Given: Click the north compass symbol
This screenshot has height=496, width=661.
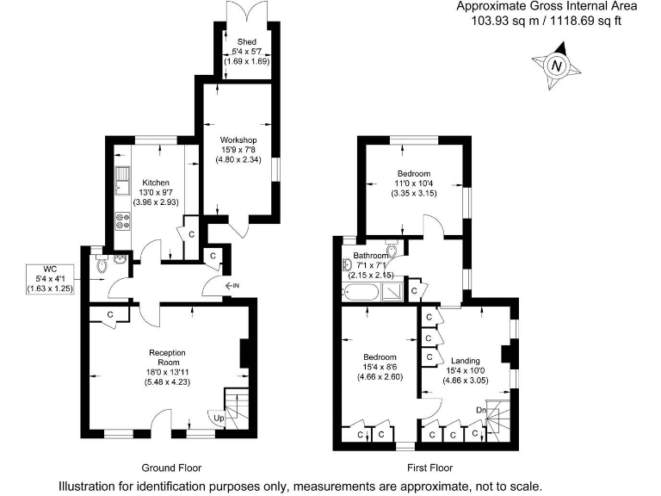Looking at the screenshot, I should (556, 67).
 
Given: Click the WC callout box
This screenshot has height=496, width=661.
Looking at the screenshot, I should (50, 280).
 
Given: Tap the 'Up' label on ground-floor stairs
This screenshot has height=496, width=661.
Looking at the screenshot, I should (219, 418).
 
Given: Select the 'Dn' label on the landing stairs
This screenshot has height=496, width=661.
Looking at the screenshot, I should (479, 409).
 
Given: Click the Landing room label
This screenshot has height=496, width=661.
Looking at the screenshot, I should (466, 361).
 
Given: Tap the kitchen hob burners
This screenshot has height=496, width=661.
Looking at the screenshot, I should (122, 220).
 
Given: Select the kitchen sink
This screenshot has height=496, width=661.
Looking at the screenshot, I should (122, 183).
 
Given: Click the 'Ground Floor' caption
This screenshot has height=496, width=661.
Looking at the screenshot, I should (172, 468).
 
